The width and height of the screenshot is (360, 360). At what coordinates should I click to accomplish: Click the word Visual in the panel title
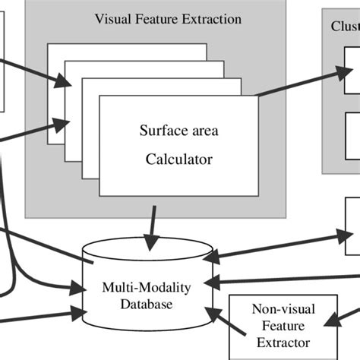(x=112, y=18)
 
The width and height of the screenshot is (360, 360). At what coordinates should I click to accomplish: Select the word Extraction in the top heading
(x=214, y=18)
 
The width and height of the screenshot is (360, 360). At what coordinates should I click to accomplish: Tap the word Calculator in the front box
(x=180, y=159)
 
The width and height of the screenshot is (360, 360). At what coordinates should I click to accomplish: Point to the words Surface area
(x=179, y=131)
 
